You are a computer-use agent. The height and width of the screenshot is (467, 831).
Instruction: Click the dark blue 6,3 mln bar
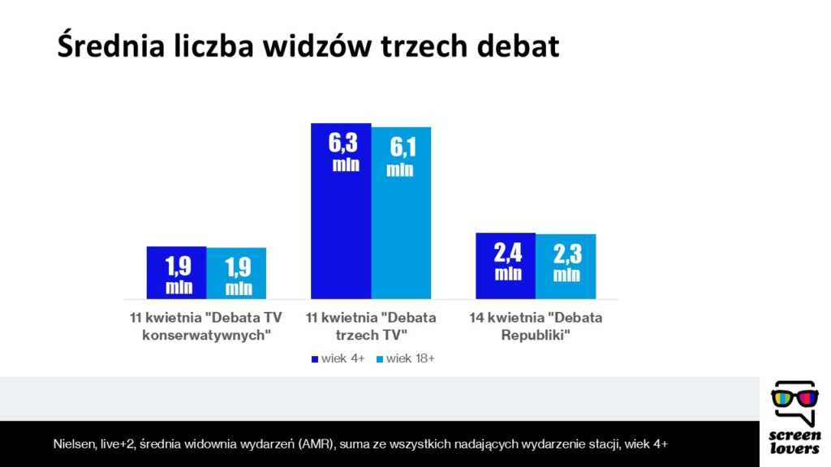(341, 212)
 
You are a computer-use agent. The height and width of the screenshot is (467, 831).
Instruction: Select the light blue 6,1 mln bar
(401, 213)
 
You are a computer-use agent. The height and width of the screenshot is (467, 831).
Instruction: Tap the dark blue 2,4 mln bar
(506, 266)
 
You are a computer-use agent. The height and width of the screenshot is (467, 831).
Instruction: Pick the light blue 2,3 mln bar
(566, 266)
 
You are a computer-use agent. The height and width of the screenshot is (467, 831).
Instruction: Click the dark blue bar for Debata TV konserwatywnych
(176, 272)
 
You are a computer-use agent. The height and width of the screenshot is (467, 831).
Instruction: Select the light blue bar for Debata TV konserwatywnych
(236, 273)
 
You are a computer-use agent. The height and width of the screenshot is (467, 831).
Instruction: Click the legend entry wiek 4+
(338, 358)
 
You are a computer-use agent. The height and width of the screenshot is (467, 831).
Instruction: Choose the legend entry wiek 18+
(406, 358)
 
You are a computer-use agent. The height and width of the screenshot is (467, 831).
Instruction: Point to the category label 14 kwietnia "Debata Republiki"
(536, 326)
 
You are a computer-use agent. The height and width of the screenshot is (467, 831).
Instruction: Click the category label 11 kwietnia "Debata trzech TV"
(371, 326)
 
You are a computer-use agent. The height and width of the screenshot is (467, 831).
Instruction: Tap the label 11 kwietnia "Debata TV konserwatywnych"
(206, 326)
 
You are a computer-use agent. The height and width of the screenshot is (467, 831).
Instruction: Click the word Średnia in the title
(110, 45)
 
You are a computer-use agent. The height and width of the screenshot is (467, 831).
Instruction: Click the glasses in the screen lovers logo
(794, 398)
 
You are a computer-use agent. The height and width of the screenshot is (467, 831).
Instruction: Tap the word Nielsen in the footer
(74, 443)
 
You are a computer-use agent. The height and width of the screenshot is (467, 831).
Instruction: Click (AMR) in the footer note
(317, 443)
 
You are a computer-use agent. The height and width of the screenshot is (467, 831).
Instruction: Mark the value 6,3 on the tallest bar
(343, 143)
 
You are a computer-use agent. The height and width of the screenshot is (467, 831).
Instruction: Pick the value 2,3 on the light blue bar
(567, 254)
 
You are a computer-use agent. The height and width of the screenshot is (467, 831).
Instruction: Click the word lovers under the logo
(794, 449)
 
